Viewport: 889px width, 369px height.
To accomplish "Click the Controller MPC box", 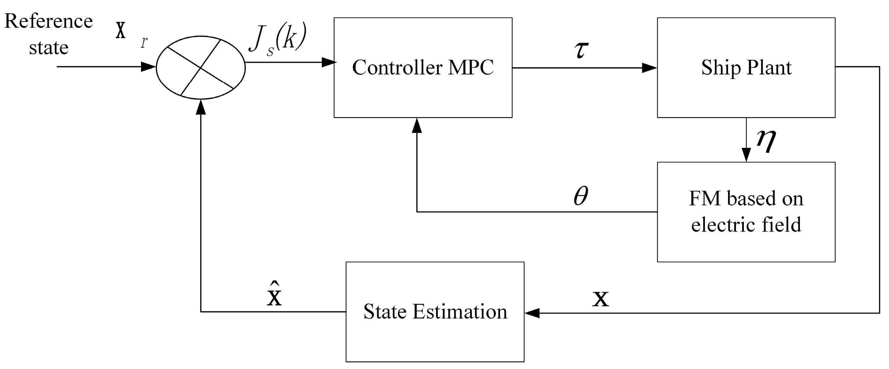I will (x=423, y=68).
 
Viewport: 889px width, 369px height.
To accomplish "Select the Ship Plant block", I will (x=746, y=68).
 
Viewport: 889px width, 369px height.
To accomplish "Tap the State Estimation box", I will (x=435, y=312).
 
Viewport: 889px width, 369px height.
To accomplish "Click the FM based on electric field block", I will (x=746, y=212).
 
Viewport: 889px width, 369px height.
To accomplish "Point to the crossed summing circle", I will (x=200, y=68).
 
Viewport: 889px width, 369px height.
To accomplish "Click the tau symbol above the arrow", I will (x=582, y=50).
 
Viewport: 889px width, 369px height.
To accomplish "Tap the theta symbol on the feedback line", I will (x=581, y=196).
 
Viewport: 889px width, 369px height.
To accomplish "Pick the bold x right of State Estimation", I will (x=600, y=299).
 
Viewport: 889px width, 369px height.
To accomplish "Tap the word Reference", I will (x=48, y=21).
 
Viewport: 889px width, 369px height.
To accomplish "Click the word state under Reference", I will (x=48, y=48).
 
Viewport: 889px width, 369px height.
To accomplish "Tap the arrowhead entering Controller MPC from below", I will (x=417, y=126).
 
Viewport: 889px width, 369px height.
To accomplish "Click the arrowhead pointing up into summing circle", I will (x=200, y=107).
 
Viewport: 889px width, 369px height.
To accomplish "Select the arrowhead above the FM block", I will (x=746, y=155).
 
